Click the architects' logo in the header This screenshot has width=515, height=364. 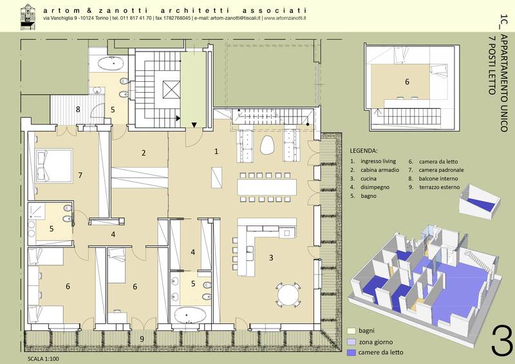point(28,17)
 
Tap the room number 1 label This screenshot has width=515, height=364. point(216,151)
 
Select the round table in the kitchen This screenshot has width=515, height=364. point(288,294)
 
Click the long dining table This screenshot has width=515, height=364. point(267,187)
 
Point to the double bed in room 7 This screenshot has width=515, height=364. point(53,166)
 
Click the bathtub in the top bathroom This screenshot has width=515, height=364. point(111,64)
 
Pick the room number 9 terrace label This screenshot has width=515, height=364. point(142,339)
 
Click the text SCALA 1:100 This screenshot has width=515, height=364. point(43,359)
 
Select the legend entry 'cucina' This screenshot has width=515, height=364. point(368,178)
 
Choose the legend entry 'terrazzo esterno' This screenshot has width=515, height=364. point(440,187)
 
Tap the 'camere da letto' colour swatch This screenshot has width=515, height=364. point(351,352)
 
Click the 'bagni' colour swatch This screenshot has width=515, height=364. point(351,330)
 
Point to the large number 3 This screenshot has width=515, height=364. point(502,340)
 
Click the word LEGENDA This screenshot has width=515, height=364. point(364,151)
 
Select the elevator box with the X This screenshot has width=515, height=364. point(171,90)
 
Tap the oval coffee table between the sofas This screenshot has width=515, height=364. point(268,145)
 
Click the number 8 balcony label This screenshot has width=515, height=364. point(78,109)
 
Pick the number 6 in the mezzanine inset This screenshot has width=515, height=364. point(407,82)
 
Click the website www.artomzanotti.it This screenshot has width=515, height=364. point(285,18)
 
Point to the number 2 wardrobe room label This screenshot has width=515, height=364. point(144,153)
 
